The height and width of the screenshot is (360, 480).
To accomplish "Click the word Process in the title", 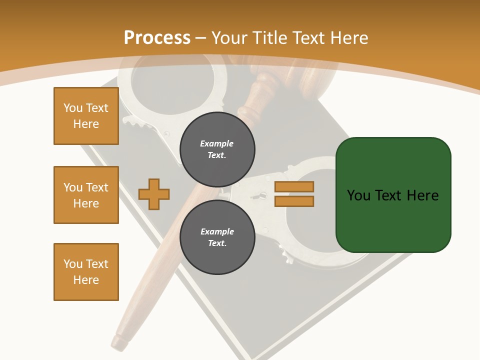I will (157, 37).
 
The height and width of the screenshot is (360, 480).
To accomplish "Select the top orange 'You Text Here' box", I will (86, 116).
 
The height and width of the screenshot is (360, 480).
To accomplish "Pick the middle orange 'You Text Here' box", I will (86, 195).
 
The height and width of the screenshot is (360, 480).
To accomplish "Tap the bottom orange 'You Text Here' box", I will (86, 272).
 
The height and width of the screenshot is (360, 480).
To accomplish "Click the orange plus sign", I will (154, 194).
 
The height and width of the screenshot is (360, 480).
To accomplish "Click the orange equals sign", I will (294, 194).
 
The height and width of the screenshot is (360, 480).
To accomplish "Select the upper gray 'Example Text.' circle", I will (217, 149).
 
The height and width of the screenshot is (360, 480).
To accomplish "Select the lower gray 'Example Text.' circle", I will (217, 237).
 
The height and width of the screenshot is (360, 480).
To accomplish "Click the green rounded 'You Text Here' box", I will (393, 195).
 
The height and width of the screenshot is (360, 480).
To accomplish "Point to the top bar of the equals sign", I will (294, 187).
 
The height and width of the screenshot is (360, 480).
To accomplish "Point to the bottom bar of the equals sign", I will (294, 201).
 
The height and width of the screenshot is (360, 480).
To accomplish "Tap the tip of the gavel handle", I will (119, 342).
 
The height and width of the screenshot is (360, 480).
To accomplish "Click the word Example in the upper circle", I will (216, 143).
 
